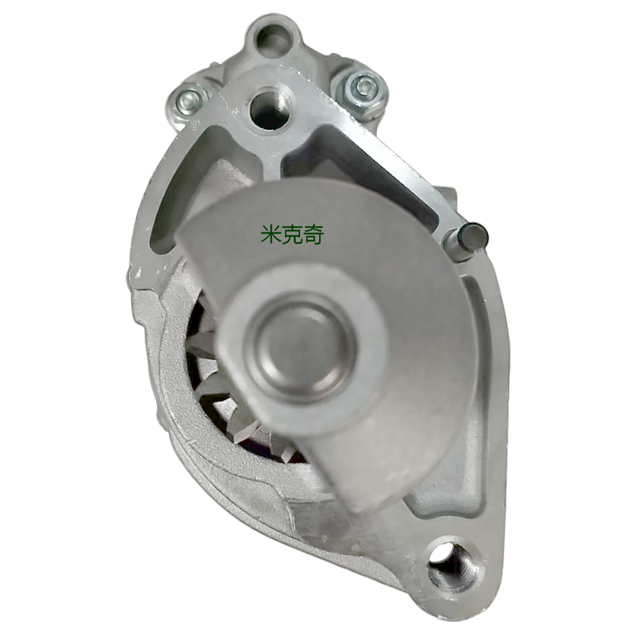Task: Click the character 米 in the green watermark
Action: tap(270, 235)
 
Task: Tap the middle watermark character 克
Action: tap(291, 235)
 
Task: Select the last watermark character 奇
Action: tap(313, 235)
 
